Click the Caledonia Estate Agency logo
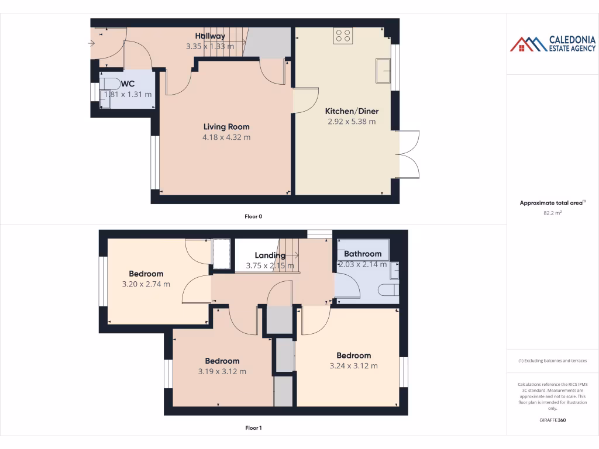click(553, 44)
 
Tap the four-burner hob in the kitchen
click(342, 36)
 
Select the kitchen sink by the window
click(383, 70)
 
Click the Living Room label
click(226, 127)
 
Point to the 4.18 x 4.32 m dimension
click(226, 137)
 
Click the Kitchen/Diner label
click(352, 111)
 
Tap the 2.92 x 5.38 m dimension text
click(352, 122)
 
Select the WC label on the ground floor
click(128, 84)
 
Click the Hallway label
click(210, 36)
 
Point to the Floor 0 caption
click(253, 216)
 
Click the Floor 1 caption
click(253, 428)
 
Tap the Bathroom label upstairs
click(363, 254)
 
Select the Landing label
click(270, 255)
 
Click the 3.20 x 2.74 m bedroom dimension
click(146, 284)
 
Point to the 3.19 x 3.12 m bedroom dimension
click(222, 371)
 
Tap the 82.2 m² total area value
click(552, 213)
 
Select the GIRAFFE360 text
click(552, 420)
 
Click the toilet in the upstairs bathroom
click(388, 290)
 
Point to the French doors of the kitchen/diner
click(409, 154)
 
